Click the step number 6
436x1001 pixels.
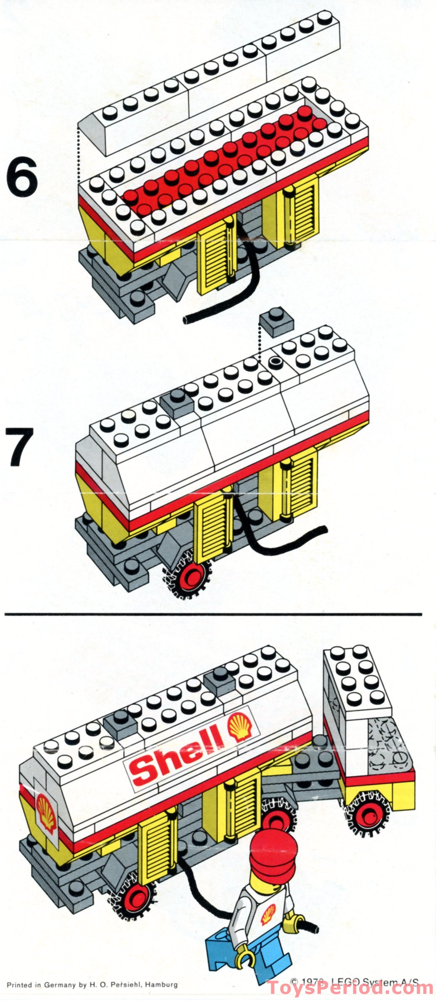click(x=22, y=179)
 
